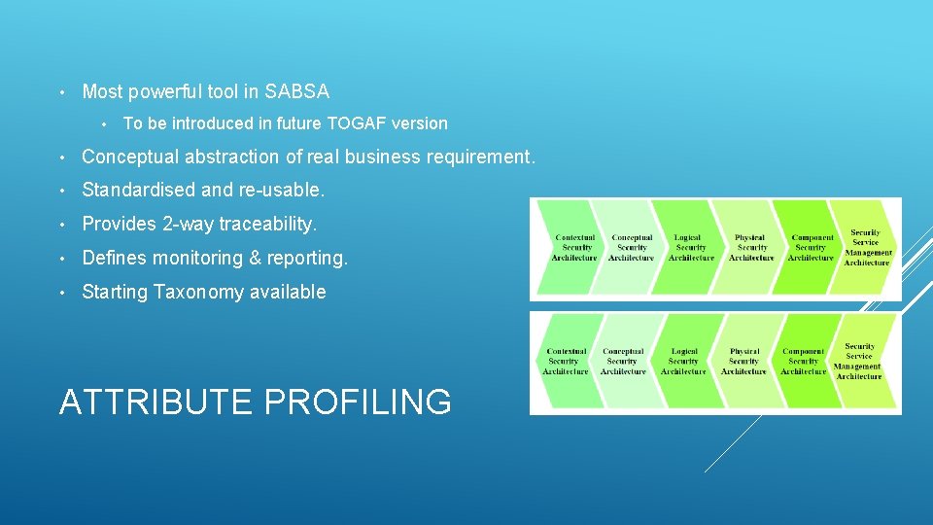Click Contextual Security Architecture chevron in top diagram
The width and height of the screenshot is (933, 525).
tap(573, 248)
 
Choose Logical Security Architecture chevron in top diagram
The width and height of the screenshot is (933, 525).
tap(690, 248)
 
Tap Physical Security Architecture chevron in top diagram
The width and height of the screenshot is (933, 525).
tap(750, 248)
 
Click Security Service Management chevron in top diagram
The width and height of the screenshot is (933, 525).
tap(866, 248)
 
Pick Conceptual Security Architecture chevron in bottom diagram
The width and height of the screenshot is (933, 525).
tap(623, 362)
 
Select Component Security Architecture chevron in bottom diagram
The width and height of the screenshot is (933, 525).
tap(803, 362)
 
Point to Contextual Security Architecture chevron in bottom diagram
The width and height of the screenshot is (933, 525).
tap(566, 362)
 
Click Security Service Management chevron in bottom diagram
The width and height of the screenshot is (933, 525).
tap(859, 362)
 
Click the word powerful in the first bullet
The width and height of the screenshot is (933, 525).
tap(170, 92)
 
